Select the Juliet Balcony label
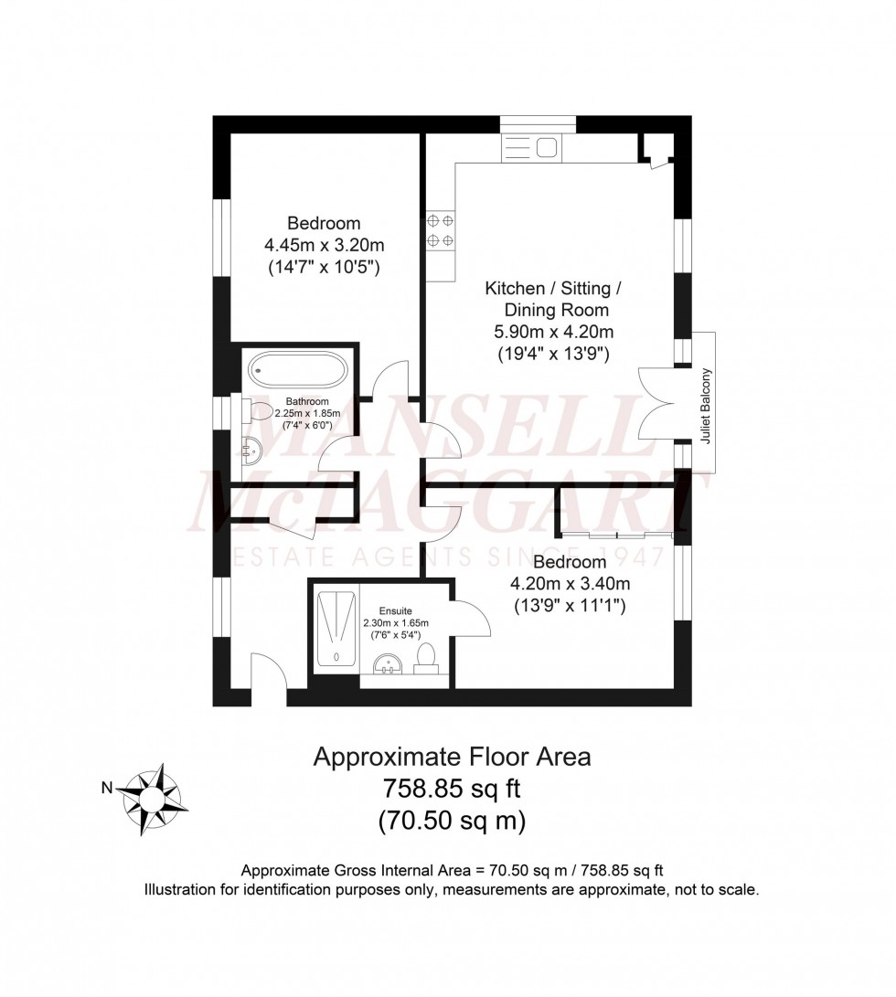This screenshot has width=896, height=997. pyautogui.click(x=705, y=405)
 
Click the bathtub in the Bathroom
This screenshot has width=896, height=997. pyautogui.click(x=298, y=371)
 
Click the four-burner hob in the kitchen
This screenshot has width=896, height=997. pyautogui.click(x=440, y=231)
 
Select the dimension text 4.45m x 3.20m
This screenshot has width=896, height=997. pyautogui.click(x=324, y=245)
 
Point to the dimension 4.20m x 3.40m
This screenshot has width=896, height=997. pyautogui.click(x=570, y=583)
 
